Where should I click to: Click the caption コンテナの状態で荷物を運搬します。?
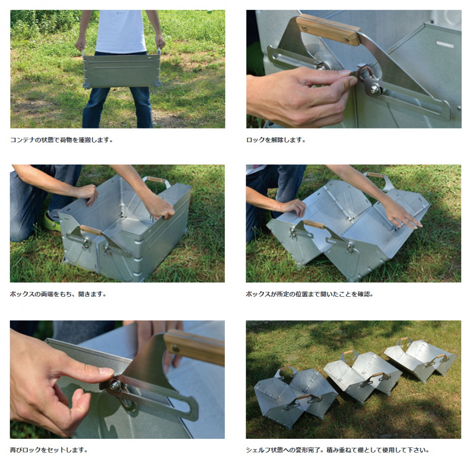(x=61, y=140)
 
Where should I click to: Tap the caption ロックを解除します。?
(x=276, y=140)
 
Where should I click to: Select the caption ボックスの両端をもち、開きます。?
(x=58, y=294)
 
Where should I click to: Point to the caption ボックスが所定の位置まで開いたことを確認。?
(x=309, y=294)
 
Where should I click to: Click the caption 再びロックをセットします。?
(x=49, y=450)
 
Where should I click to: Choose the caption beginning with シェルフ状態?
(x=337, y=450)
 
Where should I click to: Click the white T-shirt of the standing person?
(x=121, y=31)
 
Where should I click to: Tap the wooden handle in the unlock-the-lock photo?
(x=328, y=29)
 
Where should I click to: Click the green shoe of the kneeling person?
(x=52, y=222)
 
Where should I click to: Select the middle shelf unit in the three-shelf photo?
(x=363, y=374)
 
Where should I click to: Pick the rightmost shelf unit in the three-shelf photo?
(x=421, y=359)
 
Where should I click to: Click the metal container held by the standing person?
(x=122, y=71)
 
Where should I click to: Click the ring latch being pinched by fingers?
(x=364, y=72)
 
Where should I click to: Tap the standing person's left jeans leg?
(x=95, y=107)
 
